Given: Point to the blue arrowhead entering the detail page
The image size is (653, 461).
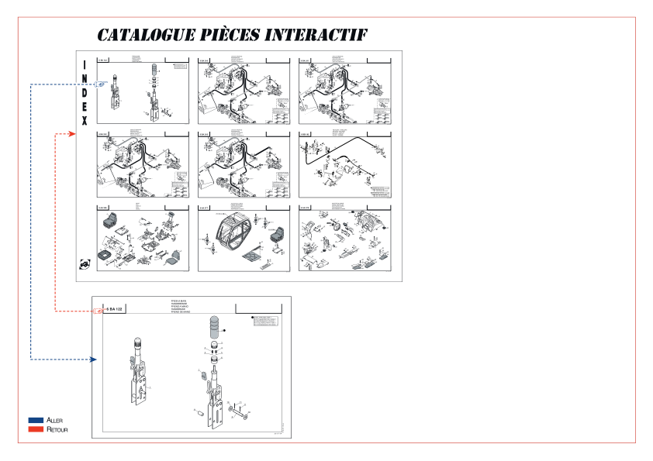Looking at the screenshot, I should point(92,360).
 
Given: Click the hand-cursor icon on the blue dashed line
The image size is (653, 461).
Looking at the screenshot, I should point(102,84).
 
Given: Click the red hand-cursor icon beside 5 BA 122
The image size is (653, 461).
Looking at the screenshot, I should point(98,311).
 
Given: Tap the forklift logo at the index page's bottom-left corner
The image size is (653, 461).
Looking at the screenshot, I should point(84,264).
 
